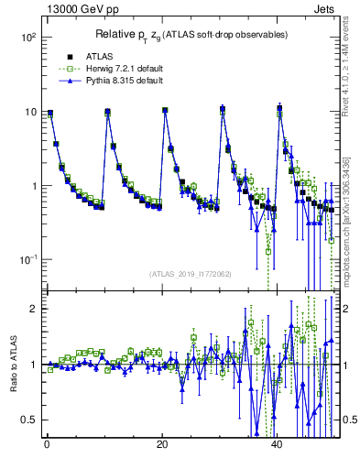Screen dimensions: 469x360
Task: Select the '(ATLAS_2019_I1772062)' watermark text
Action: click(x=190, y=273)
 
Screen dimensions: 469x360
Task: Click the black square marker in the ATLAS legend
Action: click(x=57, y=56)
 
